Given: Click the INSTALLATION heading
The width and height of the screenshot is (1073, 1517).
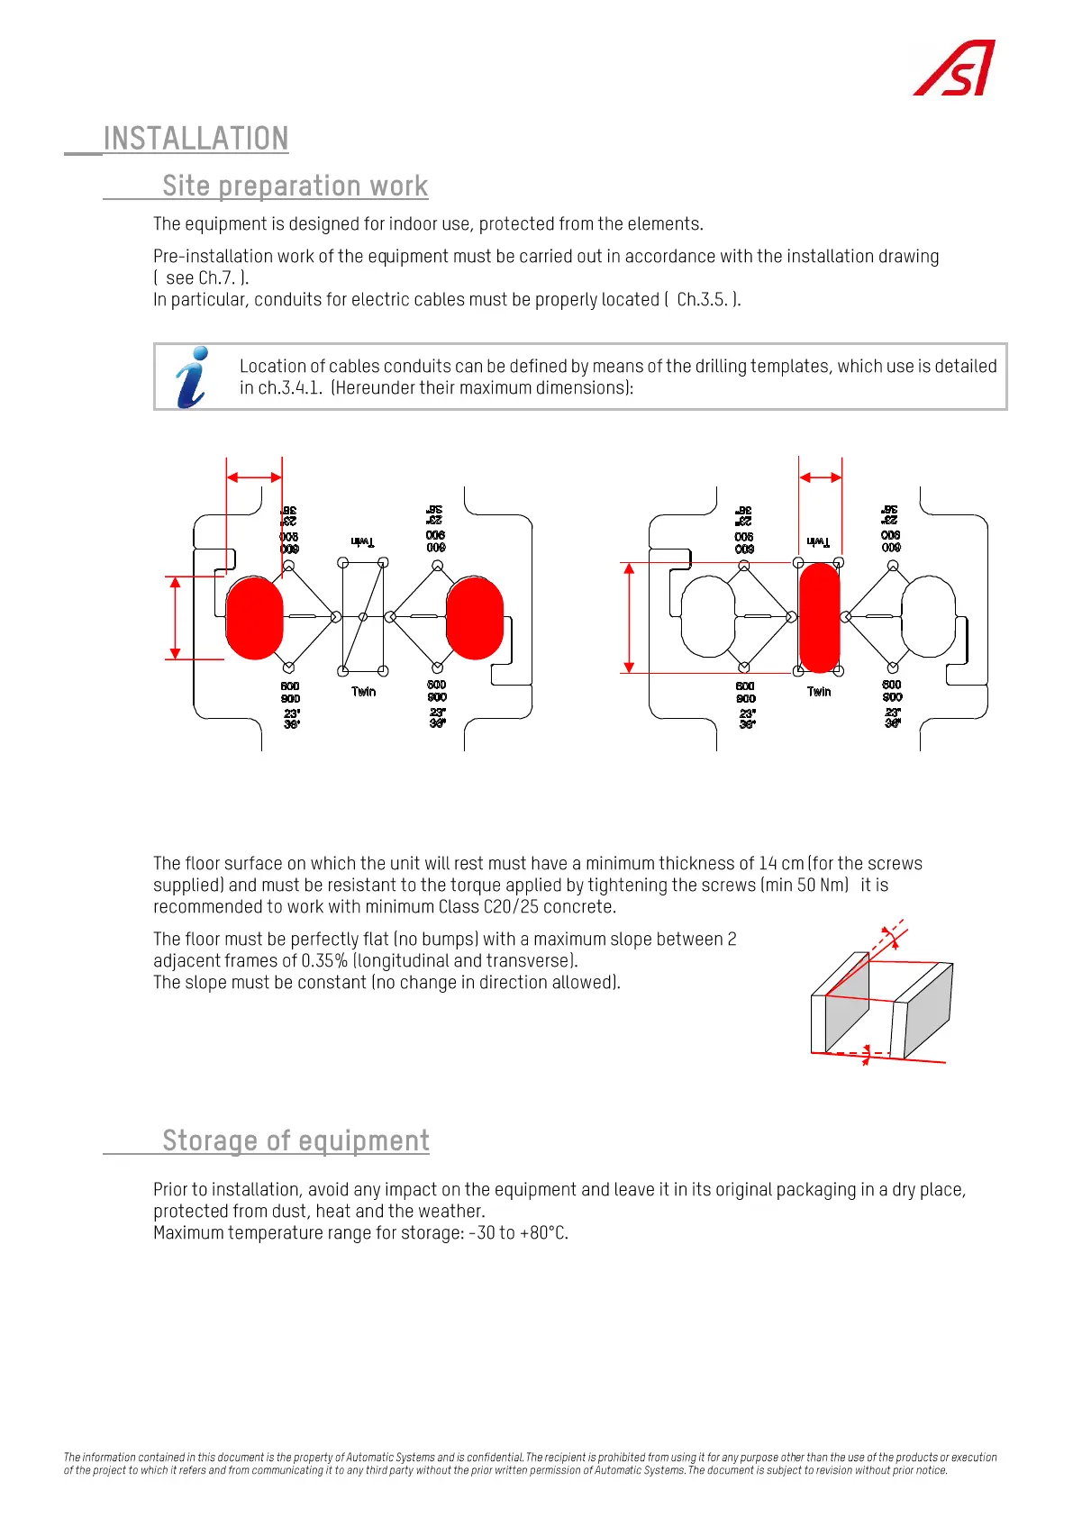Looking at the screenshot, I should (196, 139).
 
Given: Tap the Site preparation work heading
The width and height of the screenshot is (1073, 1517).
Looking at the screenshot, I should (295, 186).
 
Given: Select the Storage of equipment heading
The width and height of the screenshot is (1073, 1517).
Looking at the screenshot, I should (296, 1140).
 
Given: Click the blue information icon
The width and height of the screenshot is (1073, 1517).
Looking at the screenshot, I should (193, 377).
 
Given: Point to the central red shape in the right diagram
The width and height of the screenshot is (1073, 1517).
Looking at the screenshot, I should (819, 617).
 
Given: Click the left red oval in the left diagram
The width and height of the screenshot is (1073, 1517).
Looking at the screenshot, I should (254, 618).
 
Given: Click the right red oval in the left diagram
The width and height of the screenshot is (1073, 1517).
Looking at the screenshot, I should (475, 618).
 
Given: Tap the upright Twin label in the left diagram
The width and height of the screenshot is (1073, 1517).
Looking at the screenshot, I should (364, 692).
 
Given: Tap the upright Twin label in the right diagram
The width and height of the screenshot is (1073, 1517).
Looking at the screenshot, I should (819, 692).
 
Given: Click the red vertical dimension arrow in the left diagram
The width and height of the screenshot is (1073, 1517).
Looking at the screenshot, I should (176, 618).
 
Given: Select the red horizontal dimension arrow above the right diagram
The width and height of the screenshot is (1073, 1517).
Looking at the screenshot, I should (820, 477).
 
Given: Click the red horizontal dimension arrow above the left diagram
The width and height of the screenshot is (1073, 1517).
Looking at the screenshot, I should (254, 477).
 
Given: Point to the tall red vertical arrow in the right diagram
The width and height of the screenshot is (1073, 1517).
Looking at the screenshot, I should (629, 618).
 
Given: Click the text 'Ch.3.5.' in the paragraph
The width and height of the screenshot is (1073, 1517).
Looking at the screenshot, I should (702, 300).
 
